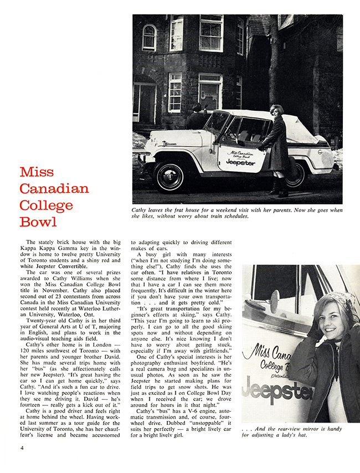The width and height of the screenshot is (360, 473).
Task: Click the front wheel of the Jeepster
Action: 168,177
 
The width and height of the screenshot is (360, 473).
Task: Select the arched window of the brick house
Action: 149,37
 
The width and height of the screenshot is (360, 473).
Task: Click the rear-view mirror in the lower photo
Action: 275,299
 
